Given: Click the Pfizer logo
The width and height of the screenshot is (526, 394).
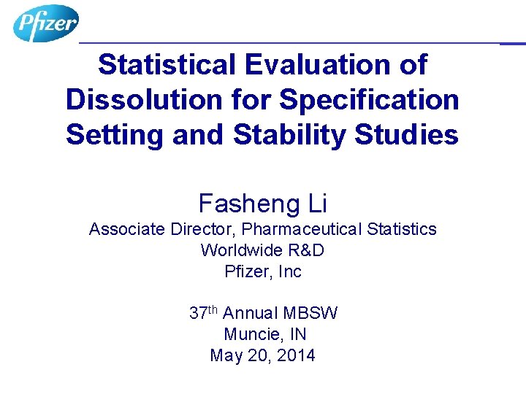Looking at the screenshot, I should click(45, 23).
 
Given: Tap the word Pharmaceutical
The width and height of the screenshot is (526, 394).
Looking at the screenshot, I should click(306, 229).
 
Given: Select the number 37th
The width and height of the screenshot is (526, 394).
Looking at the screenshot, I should click(203, 314).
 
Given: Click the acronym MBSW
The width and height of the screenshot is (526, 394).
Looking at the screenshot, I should click(310, 314).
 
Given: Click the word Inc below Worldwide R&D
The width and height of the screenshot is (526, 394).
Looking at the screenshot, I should click(289, 271).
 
